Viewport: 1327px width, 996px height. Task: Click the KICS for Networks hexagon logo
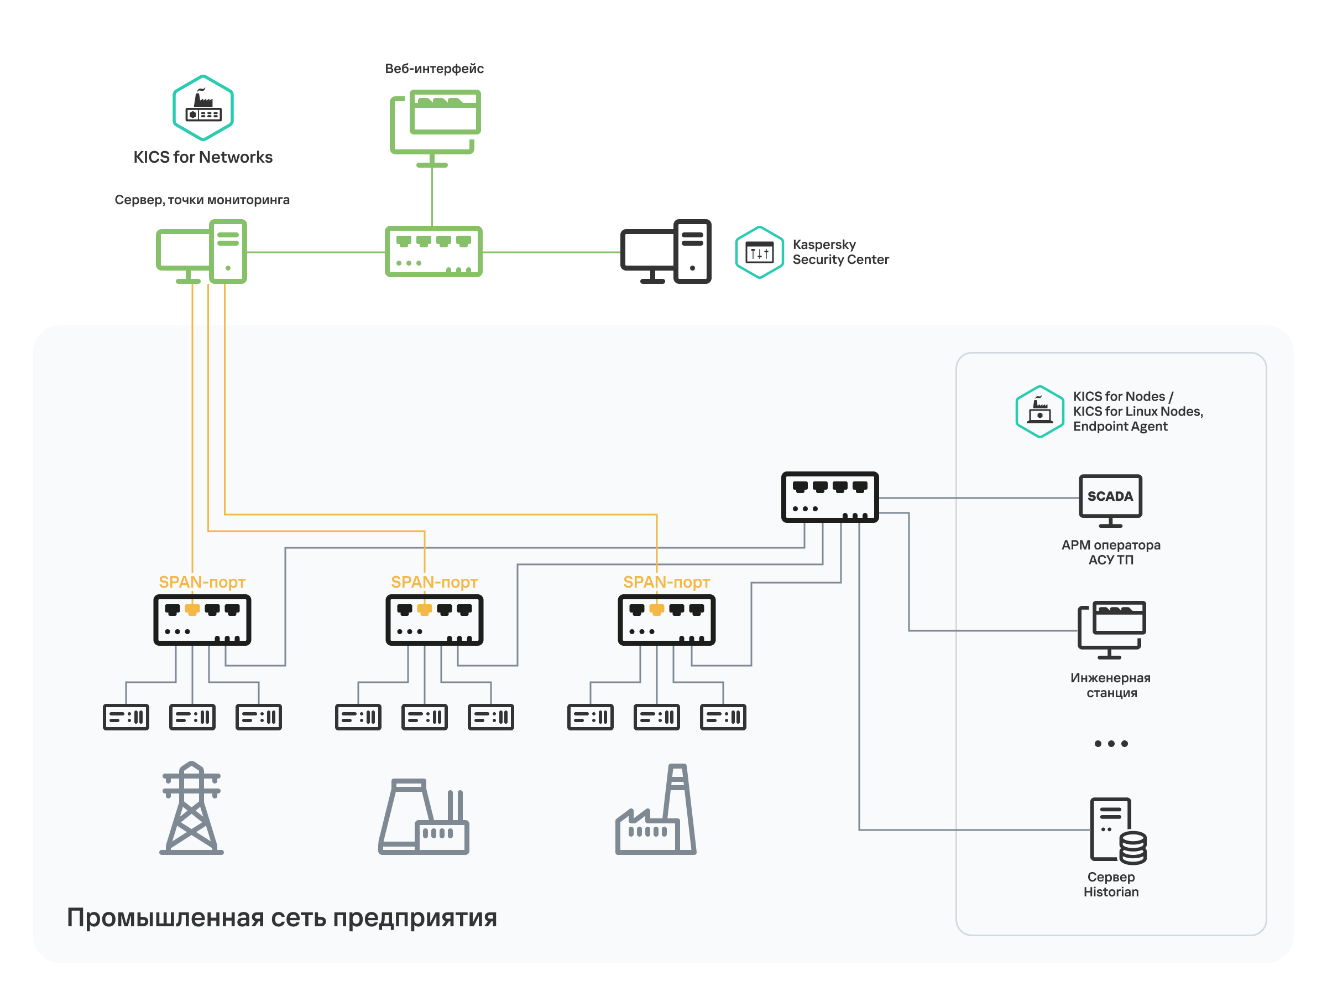pyautogui.click(x=203, y=107)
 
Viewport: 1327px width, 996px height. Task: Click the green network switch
pyautogui.click(x=433, y=252)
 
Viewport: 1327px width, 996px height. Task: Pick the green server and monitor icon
pyautogui.click(x=202, y=252)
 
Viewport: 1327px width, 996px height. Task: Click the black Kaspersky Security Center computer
pyautogui.click(x=665, y=252)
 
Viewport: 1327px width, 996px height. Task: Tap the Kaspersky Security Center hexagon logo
pyautogui.click(x=759, y=252)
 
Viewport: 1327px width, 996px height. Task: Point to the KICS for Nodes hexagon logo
pyautogui.click(x=1039, y=411)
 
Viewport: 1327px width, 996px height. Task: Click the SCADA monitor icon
pyautogui.click(x=1110, y=500)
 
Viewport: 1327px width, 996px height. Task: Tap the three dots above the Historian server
pyautogui.click(x=1110, y=743)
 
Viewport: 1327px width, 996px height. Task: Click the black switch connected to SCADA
pyautogui.click(x=830, y=497)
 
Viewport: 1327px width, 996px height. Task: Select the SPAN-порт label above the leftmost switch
pyautogui.click(x=202, y=582)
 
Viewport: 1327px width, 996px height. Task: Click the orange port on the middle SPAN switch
pyautogui.click(x=424, y=610)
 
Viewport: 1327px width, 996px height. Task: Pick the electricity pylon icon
pyautogui.click(x=191, y=808)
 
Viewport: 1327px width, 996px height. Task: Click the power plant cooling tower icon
pyautogui.click(x=423, y=817)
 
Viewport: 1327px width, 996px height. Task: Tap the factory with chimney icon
pyautogui.click(x=656, y=811)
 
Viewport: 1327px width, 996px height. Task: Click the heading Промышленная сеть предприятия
pyautogui.click(x=281, y=917)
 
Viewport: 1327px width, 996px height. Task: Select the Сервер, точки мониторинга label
pyautogui.click(x=202, y=199)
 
